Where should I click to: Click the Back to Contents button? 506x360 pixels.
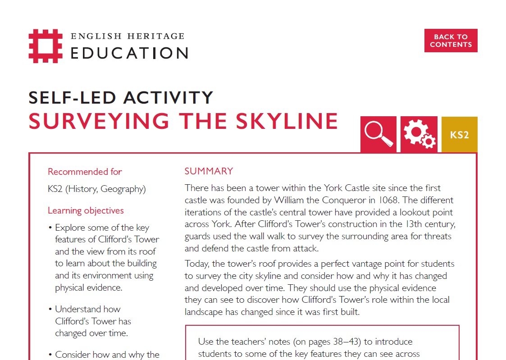[x=451, y=41]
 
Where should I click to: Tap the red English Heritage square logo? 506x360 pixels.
[x=46, y=46]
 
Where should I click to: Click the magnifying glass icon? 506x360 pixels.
[x=378, y=134]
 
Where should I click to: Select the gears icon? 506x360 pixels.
[x=419, y=134]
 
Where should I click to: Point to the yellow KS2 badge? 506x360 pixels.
[x=459, y=134]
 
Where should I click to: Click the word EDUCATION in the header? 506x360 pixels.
[x=129, y=53]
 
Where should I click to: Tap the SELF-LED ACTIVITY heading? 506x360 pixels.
[x=121, y=97]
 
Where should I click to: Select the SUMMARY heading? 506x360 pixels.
[x=209, y=171]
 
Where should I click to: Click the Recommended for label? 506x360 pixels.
[x=85, y=172]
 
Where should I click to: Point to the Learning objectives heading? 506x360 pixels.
[x=86, y=210]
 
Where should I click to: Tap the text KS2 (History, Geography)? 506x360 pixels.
[x=97, y=189]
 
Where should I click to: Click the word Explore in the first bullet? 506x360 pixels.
[x=71, y=228]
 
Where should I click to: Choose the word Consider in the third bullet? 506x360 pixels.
[x=73, y=355]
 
